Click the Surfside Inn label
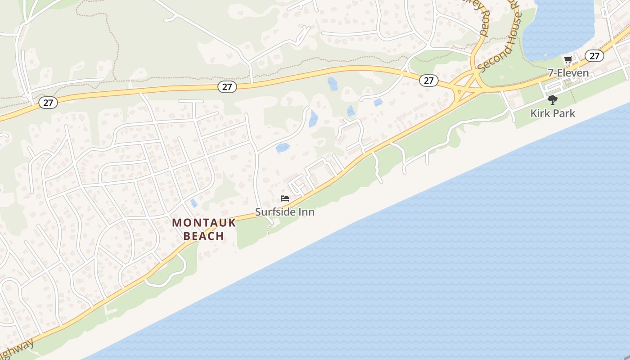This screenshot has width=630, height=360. click(x=284, y=211)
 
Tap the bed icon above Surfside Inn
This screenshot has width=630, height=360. click(x=284, y=198)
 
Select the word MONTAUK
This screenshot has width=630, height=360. click(x=204, y=222)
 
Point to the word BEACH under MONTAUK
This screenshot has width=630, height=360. click(x=204, y=236)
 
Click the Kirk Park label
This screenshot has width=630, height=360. click(x=553, y=113)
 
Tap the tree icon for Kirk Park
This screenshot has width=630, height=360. click(x=553, y=100)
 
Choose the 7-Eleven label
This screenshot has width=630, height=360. click(x=568, y=73)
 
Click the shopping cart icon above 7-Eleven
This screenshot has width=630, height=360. click(x=568, y=60)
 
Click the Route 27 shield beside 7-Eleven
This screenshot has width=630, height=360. click(x=594, y=56)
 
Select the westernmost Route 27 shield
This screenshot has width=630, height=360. click(x=48, y=103)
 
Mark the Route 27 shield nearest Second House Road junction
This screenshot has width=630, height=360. click(x=428, y=81)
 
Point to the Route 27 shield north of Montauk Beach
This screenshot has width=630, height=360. click(x=227, y=87)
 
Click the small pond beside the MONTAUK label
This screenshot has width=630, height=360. click(x=193, y=203)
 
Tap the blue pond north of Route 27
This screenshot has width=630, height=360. click(x=333, y=84)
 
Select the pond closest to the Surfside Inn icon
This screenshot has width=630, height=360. click(x=283, y=148)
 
